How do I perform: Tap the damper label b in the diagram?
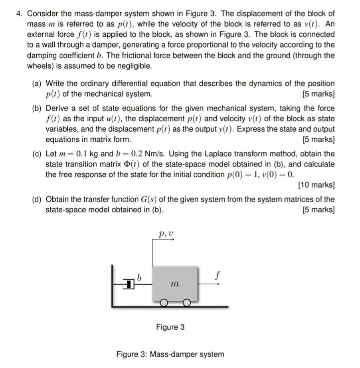tap(139, 277)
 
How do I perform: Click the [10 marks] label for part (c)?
tap(316, 185)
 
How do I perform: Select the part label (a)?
tap(38, 84)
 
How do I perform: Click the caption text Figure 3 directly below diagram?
tap(170, 327)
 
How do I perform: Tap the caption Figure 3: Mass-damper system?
tap(170, 354)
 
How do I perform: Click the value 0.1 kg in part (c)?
tap(86, 154)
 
